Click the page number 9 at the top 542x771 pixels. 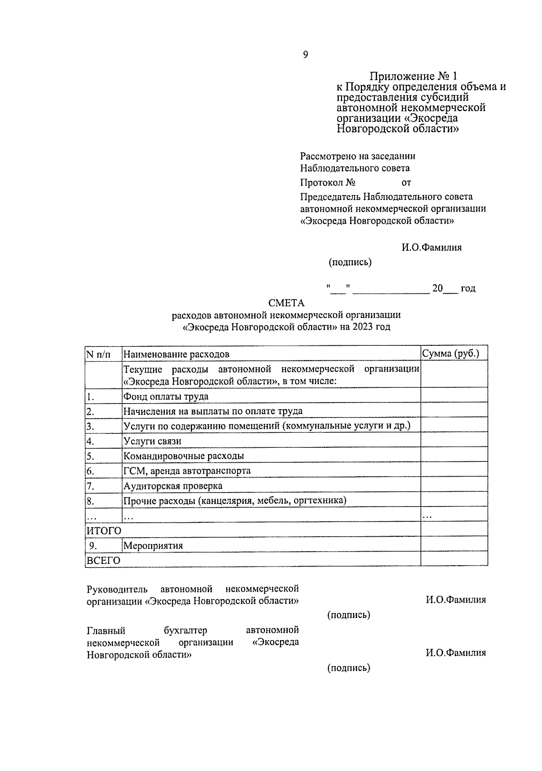pos(305,55)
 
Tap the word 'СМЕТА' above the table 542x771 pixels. pos(286,303)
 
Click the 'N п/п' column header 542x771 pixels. pos(98,354)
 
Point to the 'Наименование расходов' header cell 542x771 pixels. pos(176,354)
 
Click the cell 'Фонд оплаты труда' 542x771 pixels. pos(166,396)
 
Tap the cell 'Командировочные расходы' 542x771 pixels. pos(183,456)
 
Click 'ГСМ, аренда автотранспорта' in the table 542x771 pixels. pos(187,471)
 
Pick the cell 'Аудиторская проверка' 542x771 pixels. pos(173,486)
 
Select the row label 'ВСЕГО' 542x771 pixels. pos(103,561)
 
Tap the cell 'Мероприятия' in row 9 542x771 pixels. pos(153,546)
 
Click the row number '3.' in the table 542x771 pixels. pos(90,426)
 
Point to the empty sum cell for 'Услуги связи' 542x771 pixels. pos(454,441)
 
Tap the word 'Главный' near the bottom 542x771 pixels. pos(106,631)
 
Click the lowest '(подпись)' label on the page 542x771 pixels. pos(349,668)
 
